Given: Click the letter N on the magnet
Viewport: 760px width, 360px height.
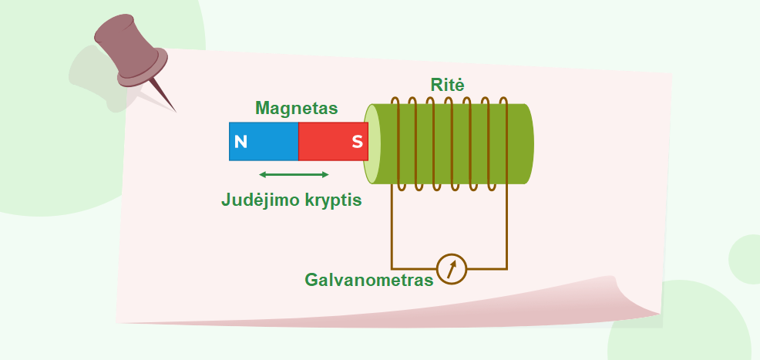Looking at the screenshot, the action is (241, 142).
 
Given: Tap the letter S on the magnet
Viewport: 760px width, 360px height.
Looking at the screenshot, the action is (357, 142).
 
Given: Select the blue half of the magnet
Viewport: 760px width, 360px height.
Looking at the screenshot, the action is (264, 142).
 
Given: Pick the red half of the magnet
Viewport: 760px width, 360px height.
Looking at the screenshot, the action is (333, 142).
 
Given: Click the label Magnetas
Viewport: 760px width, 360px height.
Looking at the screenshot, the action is (296, 108).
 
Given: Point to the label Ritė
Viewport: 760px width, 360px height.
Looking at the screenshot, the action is (447, 86).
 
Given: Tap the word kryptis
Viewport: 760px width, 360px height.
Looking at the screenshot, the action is (334, 200).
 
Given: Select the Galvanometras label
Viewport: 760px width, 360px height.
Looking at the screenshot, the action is (369, 280).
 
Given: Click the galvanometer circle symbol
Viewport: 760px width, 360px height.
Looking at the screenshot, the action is (451, 269).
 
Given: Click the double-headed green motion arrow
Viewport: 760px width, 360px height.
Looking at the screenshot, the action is (294, 174).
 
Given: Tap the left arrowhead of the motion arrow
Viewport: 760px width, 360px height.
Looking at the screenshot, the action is (262, 174).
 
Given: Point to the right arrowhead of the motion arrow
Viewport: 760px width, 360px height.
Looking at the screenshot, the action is (326, 174).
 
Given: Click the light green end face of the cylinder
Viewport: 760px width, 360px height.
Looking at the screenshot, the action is (372, 144).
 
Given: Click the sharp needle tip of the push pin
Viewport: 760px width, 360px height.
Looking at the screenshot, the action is (176, 113).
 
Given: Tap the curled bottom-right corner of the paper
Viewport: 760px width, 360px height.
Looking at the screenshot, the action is (635, 295).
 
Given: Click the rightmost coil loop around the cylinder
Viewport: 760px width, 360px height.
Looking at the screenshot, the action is (506, 144).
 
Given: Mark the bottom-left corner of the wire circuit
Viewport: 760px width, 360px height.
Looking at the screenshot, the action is (392, 269).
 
